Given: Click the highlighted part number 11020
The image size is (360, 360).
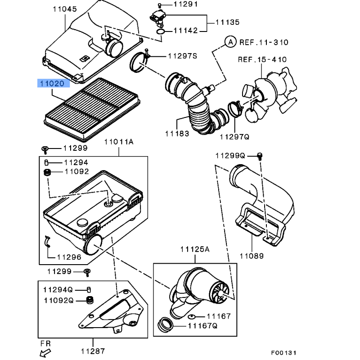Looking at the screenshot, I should [x=54, y=83].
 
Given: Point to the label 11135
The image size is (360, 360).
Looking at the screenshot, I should [x=227, y=22].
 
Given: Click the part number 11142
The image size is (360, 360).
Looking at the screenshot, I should [x=185, y=31].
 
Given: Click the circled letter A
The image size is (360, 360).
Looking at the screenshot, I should [x=230, y=42].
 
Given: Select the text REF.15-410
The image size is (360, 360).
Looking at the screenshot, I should [x=262, y=59].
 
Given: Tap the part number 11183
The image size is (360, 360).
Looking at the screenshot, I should [x=176, y=134].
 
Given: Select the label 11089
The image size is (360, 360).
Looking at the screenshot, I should [x=252, y=256].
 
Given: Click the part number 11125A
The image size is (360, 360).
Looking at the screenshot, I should [x=195, y=249].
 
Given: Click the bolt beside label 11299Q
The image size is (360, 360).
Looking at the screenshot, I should [x=260, y=156].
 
